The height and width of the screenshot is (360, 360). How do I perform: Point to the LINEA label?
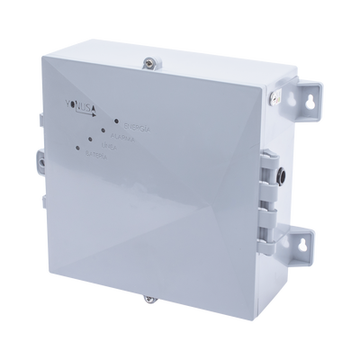[106, 146]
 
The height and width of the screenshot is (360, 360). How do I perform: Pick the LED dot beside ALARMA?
[102, 131]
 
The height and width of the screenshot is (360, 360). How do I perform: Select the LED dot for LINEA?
[87, 140]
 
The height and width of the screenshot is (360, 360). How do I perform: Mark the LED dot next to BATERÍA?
[74, 150]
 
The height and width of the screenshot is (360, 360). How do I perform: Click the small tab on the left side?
[40, 160]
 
